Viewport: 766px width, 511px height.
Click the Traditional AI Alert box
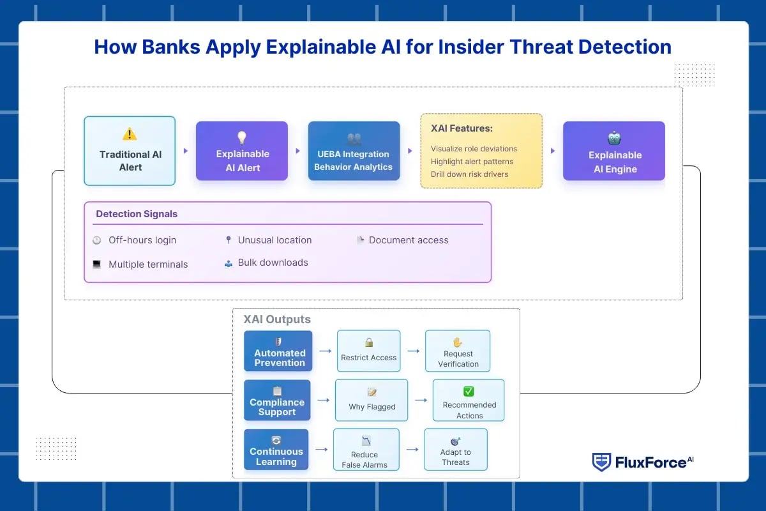coord(130,151)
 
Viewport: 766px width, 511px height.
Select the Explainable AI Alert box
coord(242,151)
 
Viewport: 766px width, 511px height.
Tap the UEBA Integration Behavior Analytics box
coord(354,151)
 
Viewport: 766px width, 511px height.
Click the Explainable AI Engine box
coord(614,151)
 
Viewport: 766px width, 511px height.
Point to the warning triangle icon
coord(130,134)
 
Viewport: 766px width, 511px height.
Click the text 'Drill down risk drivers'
coord(469,174)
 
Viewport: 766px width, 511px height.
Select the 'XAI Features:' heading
coord(461,128)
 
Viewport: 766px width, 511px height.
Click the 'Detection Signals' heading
coord(137,214)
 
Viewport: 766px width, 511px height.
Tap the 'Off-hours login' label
coord(142,240)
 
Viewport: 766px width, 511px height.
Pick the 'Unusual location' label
coord(274,240)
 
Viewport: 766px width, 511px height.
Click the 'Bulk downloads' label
coord(273,263)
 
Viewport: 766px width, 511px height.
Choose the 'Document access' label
coord(409,240)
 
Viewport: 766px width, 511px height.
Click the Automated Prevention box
coord(278,351)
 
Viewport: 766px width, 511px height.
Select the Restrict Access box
coord(368,351)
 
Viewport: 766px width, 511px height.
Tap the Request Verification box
coord(458,351)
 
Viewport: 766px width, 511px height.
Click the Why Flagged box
coord(372,400)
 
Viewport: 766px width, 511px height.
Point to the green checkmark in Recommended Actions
coord(469,392)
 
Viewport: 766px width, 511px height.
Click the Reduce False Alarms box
coord(365,449)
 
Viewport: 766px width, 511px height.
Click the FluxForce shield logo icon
coord(601,462)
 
